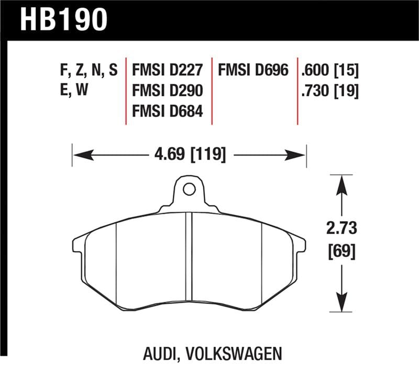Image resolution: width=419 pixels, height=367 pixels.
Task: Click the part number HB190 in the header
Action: click(x=63, y=19)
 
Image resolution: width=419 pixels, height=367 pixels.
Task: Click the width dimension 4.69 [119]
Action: click(x=190, y=155)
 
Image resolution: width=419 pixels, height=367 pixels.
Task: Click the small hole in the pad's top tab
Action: click(x=189, y=189)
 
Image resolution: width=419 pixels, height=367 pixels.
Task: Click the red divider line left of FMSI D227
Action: click(x=126, y=91)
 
